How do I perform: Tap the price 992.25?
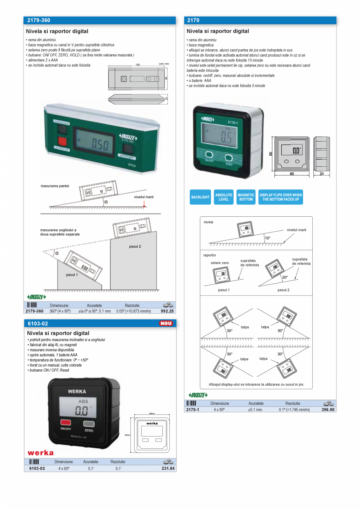click(x=167, y=311)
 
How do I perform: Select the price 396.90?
click(x=328, y=410)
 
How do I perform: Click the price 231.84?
click(x=168, y=468)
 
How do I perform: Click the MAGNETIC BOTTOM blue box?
click(x=246, y=197)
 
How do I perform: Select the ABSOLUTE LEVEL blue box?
click(x=224, y=197)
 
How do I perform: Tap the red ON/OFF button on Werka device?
click(x=65, y=423)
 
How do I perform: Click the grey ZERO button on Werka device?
click(x=89, y=423)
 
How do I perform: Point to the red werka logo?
click(x=40, y=453)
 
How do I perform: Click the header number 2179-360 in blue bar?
click(x=38, y=20)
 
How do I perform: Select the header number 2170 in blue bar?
click(x=193, y=20)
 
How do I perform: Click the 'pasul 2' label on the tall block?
click(x=135, y=246)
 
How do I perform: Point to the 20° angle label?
click(x=285, y=277)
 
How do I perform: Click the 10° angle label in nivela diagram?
click(x=267, y=238)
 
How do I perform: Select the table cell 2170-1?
click(x=193, y=410)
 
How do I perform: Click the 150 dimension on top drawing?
click(x=138, y=65)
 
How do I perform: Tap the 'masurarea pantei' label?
click(x=55, y=186)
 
